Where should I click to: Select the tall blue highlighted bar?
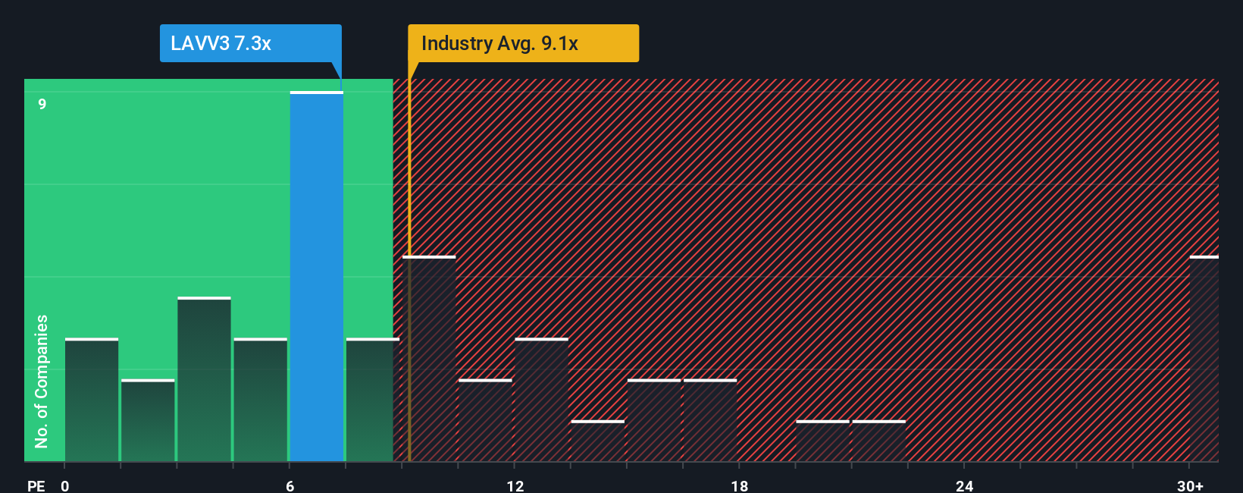coord(317,277)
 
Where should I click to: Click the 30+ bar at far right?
coord(1204,359)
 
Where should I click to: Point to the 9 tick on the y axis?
coord(42,104)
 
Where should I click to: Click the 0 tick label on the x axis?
coord(65,485)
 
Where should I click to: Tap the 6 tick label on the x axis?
coord(290,485)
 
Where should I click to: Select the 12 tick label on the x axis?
coord(515,485)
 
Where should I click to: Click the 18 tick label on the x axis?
coord(740,485)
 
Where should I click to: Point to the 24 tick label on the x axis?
coord(964,485)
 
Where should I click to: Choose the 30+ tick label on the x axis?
coord(1190,485)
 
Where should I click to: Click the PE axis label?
coord(36,485)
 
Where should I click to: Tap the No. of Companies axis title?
coord(42,381)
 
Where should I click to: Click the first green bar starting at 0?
coord(92,400)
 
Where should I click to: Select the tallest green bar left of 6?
coord(204,379)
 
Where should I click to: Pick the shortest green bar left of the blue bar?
coord(148,420)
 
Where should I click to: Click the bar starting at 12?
coord(541,400)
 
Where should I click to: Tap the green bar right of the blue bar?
coord(371,400)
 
